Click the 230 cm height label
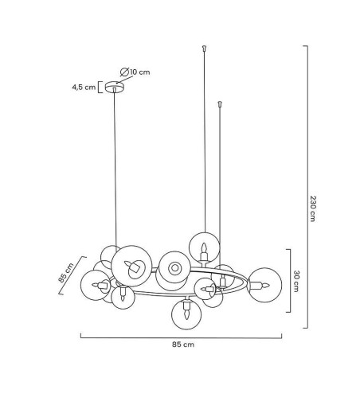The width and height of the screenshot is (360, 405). pyautogui.click(x=313, y=208)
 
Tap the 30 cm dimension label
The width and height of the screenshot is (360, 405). pyautogui.click(x=296, y=281)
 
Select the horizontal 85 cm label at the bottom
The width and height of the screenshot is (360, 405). pyautogui.click(x=183, y=345)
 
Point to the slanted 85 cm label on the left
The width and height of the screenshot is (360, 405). pyautogui.click(x=66, y=273)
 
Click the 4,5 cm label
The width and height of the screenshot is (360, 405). pyautogui.click(x=84, y=88)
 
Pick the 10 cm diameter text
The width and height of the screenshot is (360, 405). pyautogui.click(x=140, y=72)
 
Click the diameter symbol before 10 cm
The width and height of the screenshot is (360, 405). pyautogui.click(x=124, y=72)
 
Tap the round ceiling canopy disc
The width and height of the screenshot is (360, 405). pyautogui.click(x=115, y=87)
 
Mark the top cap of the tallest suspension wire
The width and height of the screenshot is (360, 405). pyautogui.click(x=204, y=48)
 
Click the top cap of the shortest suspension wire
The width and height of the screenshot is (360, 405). pyautogui.click(x=220, y=103)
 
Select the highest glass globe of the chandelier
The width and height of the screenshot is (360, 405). pyautogui.click(x=204, y=247)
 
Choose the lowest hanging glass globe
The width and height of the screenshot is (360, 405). pyautogui.click(x=186, y=314)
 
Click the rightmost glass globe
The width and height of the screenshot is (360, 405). pyautogui.click(x=264, y=285)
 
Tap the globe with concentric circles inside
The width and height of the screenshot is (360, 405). pyautogui.click(x=174, y=267)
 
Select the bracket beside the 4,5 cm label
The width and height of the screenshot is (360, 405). pyautogui.click(x=100, y=88)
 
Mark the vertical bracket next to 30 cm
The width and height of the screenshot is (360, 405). pyautogui.click(x=289, y=281)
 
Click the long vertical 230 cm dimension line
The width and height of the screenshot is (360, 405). pyautogui.click(x=307, y=187)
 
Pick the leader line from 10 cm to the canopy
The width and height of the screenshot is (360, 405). pyautogui.click(x=124, y=80)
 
